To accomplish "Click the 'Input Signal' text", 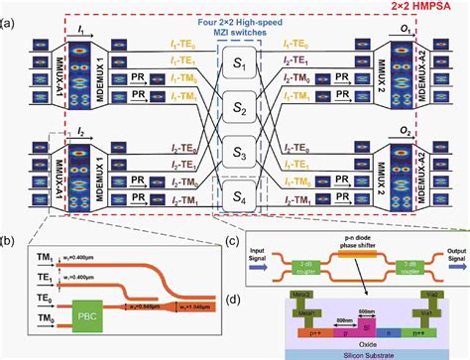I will click(x=251, y=253).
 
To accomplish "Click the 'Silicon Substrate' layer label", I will click(x=360, y=351).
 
